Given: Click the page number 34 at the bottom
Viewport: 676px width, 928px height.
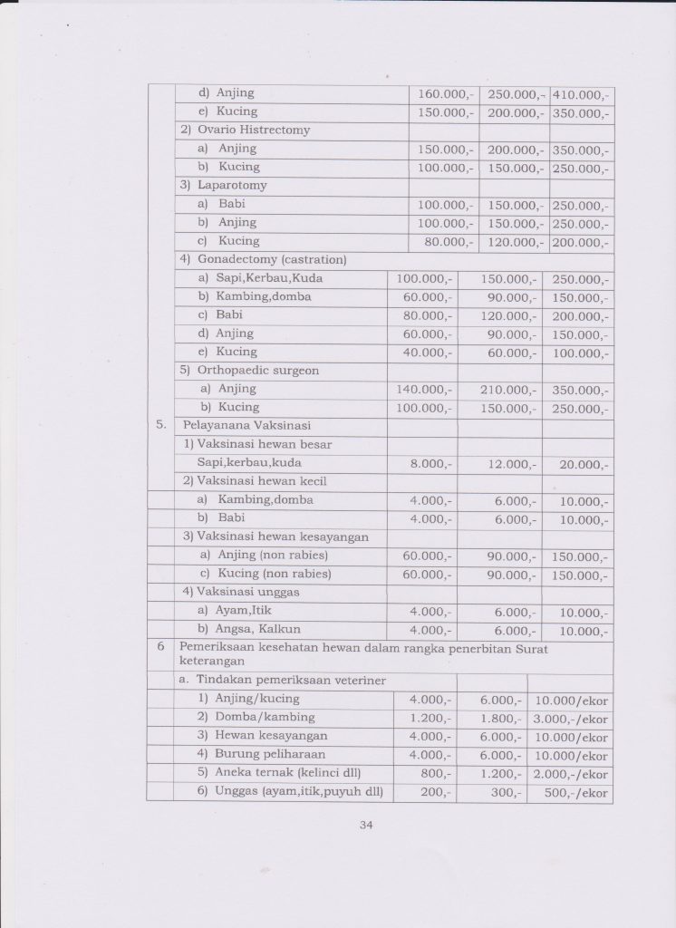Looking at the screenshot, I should tap(366, 825).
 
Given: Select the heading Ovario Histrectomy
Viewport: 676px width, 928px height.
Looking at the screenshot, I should tap(244, 130).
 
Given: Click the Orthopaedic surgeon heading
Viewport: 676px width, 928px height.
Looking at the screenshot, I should tap(248, 370).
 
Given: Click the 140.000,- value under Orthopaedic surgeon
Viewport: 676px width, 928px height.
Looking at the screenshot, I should tap(423, 389).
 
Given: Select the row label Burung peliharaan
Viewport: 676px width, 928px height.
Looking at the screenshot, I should tap(263, 754).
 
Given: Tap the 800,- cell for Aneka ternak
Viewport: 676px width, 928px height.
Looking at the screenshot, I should tap(435, 773).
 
